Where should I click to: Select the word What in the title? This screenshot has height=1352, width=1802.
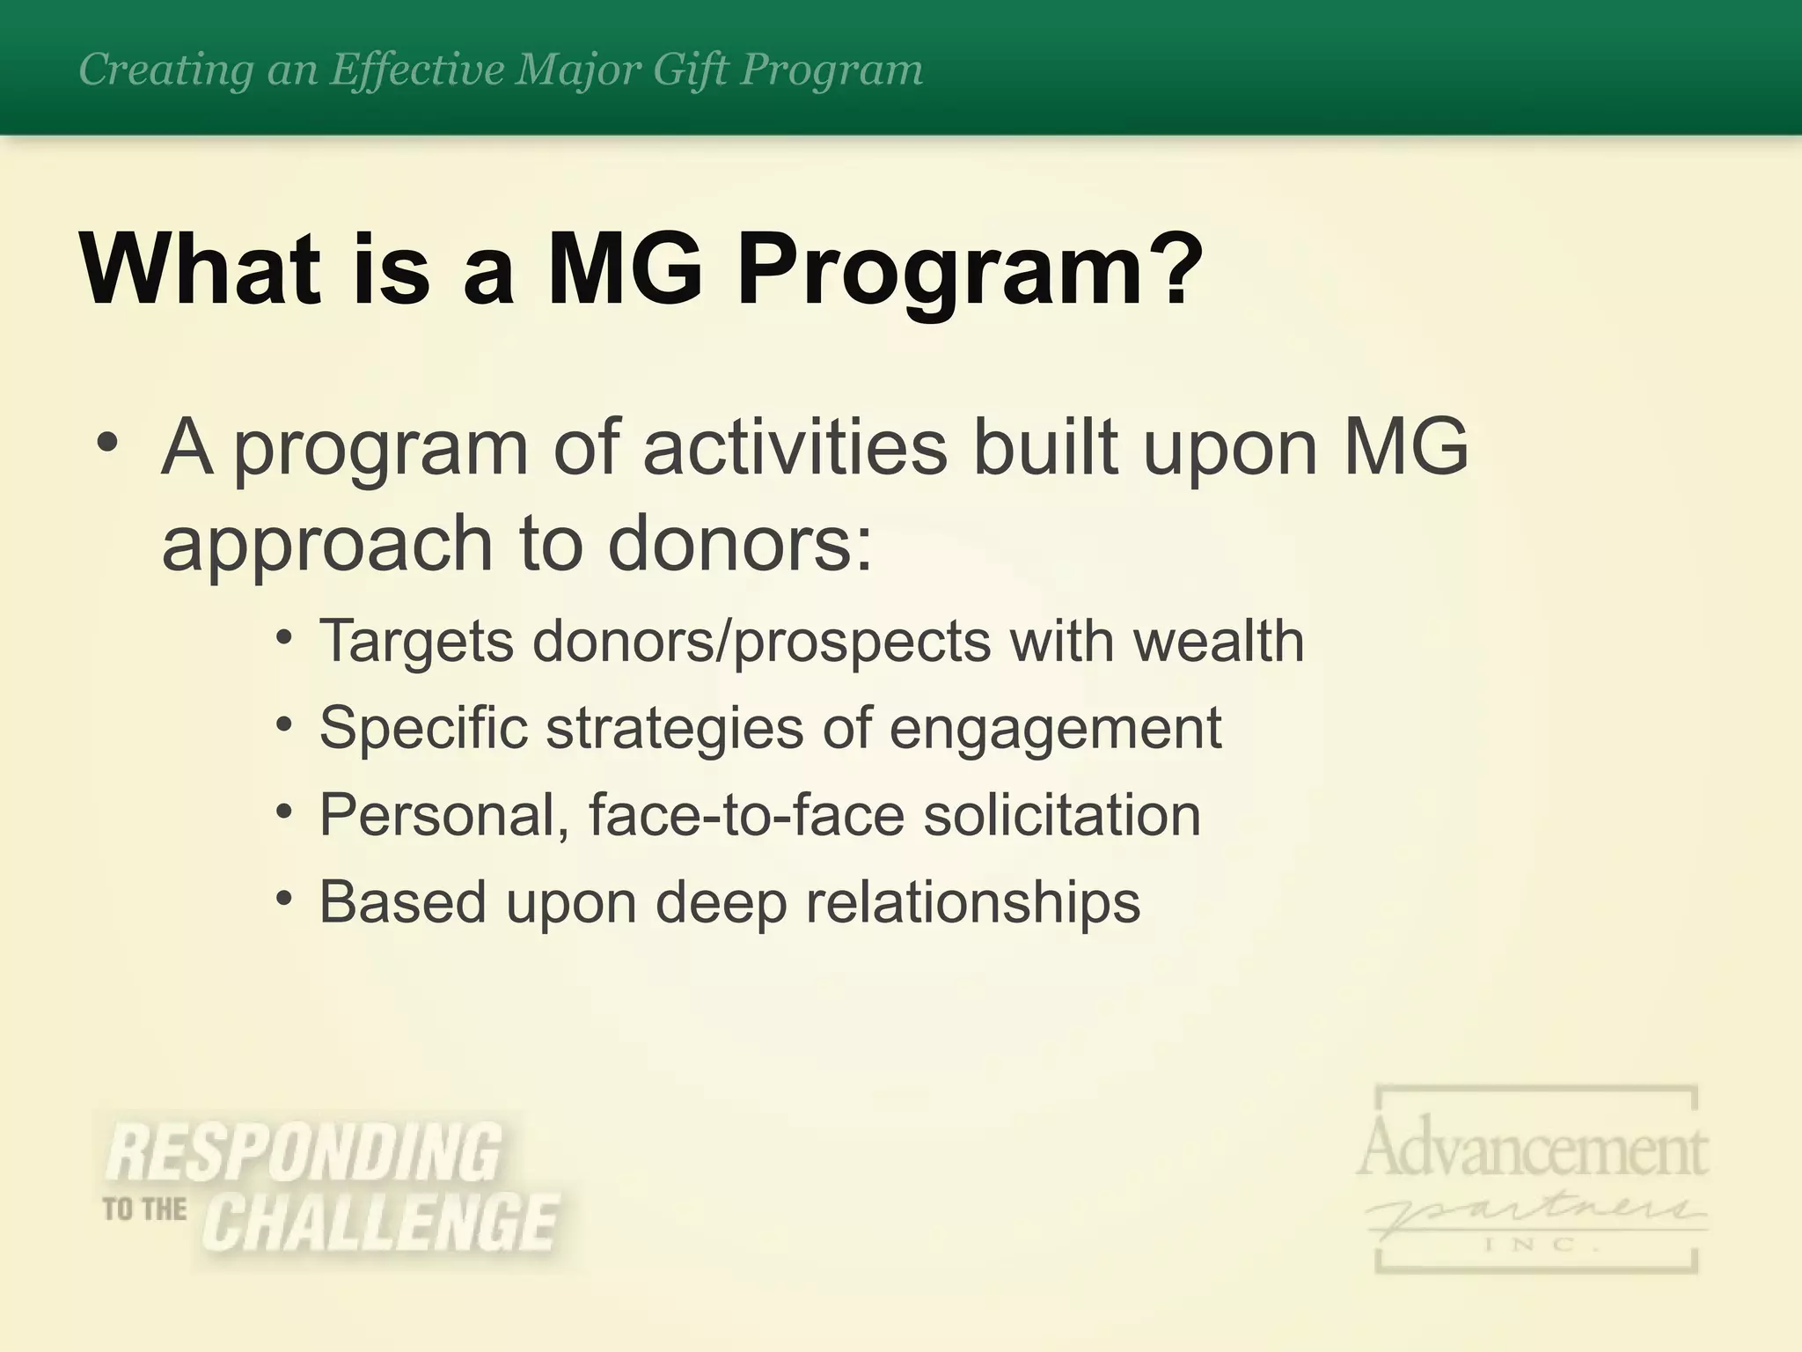pos(199,266)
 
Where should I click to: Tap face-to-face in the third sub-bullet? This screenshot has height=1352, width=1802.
pos(746,814)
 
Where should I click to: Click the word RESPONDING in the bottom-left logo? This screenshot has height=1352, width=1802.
pos(304,1153)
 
